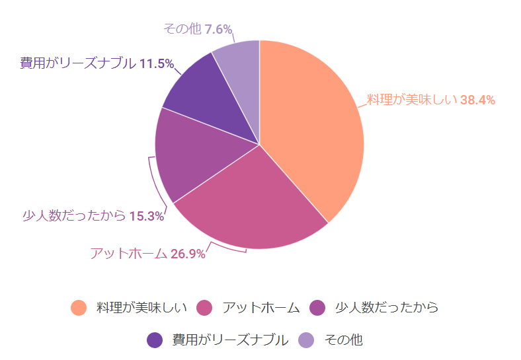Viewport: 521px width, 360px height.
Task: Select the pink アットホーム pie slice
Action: [251, 205]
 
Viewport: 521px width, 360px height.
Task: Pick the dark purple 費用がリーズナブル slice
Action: [205, 99]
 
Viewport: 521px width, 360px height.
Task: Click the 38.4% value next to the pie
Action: [477, 100]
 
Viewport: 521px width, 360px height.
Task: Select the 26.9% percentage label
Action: [188, 254]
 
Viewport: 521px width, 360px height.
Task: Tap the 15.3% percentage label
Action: [146, 216]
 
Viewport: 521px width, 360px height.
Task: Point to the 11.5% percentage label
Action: [157, 64]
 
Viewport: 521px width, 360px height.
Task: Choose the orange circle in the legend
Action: [79, 308]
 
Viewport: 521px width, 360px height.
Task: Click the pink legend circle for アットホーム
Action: [205, 308]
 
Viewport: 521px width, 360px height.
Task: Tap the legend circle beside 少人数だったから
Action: [318, 308]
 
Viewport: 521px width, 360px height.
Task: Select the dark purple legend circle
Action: [155, 340]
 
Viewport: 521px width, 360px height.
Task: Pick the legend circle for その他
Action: [306, 340]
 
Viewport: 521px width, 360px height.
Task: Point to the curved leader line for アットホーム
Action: [228, 250]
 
